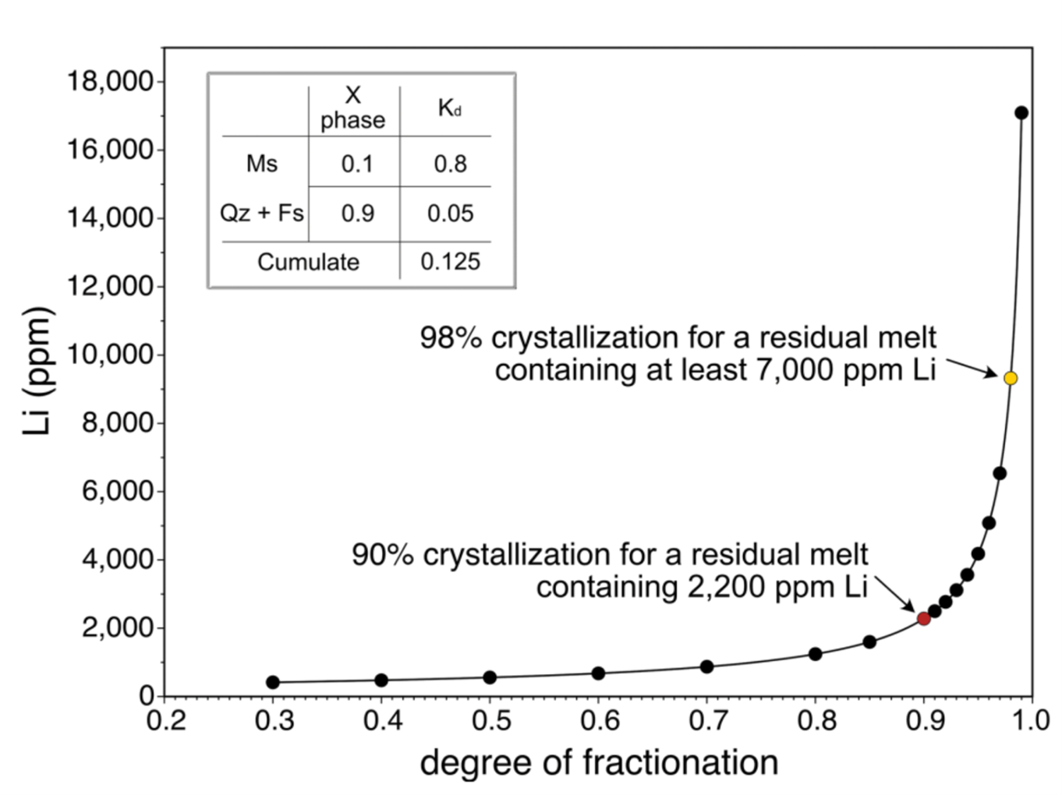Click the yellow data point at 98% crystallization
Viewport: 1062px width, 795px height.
click(x=1011, y=378)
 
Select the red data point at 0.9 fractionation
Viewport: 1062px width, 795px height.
click(x=924, y=619)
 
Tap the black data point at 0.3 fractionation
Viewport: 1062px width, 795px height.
click(x=273, y=683)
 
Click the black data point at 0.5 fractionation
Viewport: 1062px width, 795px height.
click(x=490, y=677)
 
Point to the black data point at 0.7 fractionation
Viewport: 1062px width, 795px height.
click(x=707, y=666)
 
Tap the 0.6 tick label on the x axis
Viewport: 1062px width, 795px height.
click(x=599, y=720)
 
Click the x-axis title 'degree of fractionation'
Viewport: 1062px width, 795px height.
click(x=599, y=762)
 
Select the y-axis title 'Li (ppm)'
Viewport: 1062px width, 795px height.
click(x=37, y=371)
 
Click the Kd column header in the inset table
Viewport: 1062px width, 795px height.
click(x=449, y=108)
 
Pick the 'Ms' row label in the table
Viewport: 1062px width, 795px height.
click(x=262, y=164)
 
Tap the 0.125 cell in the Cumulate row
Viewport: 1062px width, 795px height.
click(x=450, y=262)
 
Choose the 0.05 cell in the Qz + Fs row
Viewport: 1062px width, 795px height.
click(x=450, y=214)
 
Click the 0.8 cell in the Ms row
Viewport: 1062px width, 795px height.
click(x=450, y=164)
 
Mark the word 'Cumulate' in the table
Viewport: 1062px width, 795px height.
click(x=308, y=262)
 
